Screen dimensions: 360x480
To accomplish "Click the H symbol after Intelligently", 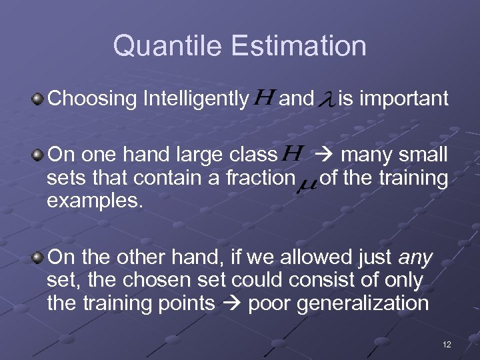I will pos(264,99).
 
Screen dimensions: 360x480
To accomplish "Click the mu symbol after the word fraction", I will pos(308,181).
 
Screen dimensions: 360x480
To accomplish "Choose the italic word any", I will pos(417,257).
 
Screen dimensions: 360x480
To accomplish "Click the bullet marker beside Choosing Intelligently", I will pos(39,100).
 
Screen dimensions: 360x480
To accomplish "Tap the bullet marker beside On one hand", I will pos(39,155).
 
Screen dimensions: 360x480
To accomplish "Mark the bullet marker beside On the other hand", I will pos(39,257).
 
